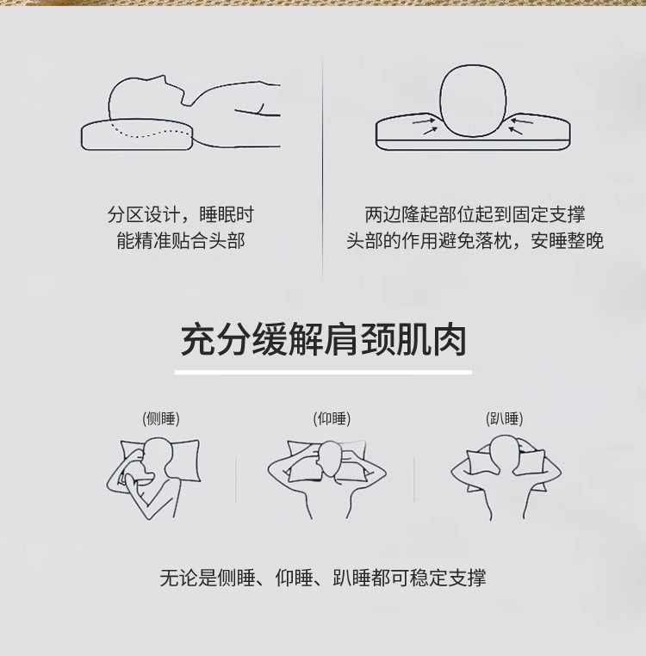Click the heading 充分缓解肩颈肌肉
tap(323, 340)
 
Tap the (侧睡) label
tap(161, 418)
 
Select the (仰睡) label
tap(332, 418)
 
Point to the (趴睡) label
tap(504, 418)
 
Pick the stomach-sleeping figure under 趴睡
tap(506, 478)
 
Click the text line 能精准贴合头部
tap(180, 240)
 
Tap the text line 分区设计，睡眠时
tap(180, 214)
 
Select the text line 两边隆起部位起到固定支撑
tap(475, 214)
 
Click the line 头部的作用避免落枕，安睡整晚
tap(475, 240)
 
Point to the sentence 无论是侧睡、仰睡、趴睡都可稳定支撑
tap(323, 578)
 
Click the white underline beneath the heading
tap(323, 372)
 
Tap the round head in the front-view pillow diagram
tap(473, 101)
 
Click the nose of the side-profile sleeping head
tap(165, 78)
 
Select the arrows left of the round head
tap(425, 126)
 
